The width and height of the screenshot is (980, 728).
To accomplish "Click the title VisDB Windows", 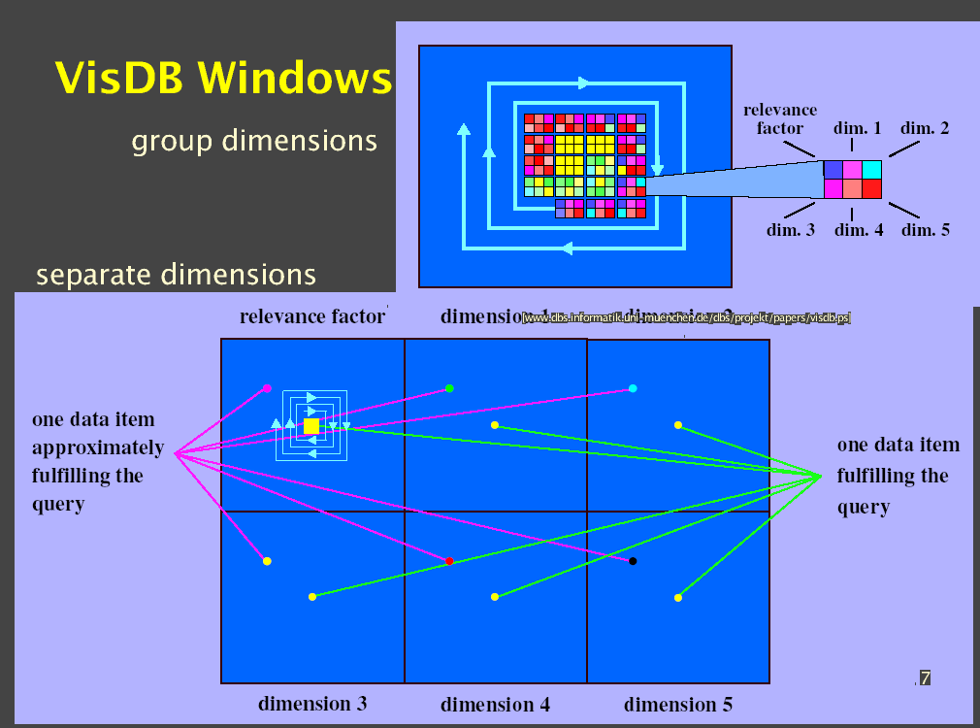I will pos(223,78).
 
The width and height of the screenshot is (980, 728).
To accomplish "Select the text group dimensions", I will pos(254,141).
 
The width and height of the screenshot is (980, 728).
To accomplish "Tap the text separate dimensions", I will pos(176,275).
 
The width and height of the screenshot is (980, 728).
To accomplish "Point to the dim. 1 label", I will pos(858,128).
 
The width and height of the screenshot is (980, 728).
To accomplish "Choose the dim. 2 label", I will pos(925,128).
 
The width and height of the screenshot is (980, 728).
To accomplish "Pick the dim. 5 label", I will pos(925,230).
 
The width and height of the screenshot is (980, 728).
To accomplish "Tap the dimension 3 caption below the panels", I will pos(312,704).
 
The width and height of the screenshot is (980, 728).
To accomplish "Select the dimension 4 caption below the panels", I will pos(495,705).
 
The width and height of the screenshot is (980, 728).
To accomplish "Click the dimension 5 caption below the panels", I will pos(677,704).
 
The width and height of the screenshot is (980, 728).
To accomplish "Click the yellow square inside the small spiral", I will pos(311,426).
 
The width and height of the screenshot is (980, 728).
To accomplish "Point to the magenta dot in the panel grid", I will pos(267,388).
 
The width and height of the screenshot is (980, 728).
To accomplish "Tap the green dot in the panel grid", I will pos(449,388).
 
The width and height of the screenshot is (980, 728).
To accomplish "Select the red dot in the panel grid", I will pos(449,561).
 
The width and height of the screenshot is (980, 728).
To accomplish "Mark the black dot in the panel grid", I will pos(633,561).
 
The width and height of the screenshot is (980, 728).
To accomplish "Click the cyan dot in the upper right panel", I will pos(633,388).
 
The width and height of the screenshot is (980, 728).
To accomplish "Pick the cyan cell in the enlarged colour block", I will pos(871,169).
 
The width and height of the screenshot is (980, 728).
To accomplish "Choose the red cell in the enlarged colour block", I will pos(871,188).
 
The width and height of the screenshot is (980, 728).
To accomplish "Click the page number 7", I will pos(925,678).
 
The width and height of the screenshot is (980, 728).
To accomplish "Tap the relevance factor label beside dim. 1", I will pos(780,118).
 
